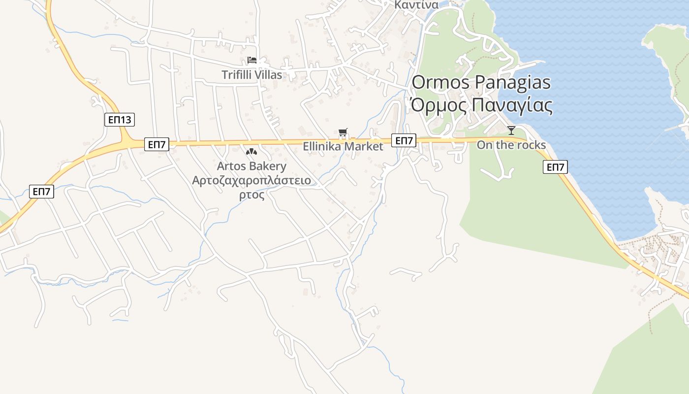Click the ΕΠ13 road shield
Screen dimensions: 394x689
pos(120,120)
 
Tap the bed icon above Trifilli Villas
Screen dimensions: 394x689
pos(252,60)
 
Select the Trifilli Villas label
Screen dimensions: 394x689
pos(251,75)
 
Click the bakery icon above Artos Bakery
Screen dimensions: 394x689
pos(251,152)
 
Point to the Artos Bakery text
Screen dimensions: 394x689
pos(251,166)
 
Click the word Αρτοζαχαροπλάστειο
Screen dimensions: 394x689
pos(251,180)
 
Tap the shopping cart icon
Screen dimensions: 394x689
pos(343,132)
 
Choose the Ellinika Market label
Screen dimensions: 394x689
pos(343,146)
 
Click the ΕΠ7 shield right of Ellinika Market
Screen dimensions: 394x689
pos(404,141)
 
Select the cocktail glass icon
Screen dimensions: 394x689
pos(511,131)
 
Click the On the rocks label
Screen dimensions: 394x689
pos(511,145)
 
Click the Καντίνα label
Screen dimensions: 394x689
pos(416,5)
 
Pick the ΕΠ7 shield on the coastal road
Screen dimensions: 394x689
pos(555,167)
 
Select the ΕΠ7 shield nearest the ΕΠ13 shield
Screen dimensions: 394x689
pos(157,144)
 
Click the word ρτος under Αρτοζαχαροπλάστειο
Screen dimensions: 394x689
pos(251,195)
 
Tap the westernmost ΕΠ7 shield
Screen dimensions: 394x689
pos(41,192)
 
